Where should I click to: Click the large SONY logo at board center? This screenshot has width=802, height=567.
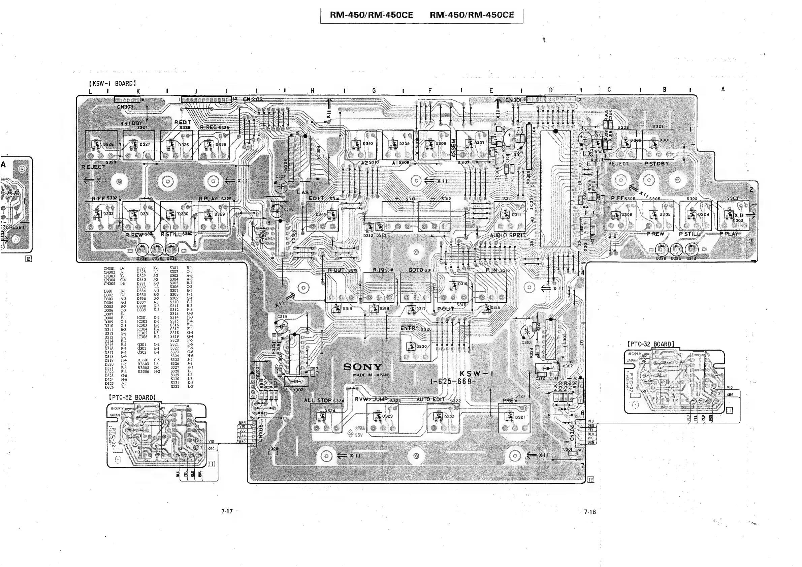pos(362,367)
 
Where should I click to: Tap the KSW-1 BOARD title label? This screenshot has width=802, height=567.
pos(113,84)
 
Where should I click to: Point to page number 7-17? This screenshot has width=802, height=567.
pos(227,511)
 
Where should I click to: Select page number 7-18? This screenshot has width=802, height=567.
pos(589,512)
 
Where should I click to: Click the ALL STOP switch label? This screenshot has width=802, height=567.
pos(318,400)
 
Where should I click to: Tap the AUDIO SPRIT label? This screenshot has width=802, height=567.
pos(507,235)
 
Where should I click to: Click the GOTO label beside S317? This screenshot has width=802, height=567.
pos(416,270)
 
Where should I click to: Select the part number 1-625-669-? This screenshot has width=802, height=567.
pos(452,381)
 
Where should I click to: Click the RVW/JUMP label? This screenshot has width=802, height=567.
pos(371,399)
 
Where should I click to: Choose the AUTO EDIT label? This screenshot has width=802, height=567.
pos(431,399)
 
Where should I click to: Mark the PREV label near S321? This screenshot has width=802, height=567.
pos(510,400)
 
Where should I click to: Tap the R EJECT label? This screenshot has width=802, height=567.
pos(93,167)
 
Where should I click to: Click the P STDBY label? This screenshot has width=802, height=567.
pos(657,163)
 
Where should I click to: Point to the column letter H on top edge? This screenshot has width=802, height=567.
pos(312,91)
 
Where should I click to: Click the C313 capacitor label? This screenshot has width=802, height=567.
pos(282,316)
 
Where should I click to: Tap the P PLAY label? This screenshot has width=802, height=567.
pos(729,234)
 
